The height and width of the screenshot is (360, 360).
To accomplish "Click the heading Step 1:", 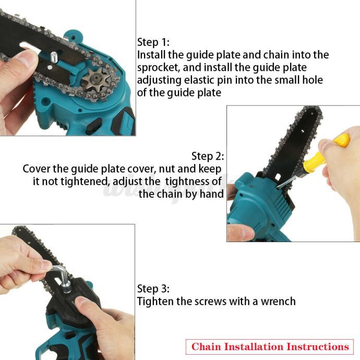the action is click(153, 42).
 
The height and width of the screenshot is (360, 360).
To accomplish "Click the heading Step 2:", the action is click(208, 156).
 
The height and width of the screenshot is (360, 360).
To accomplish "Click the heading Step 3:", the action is click(153, 289).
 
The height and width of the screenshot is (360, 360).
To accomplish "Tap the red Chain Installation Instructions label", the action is click(270, 346).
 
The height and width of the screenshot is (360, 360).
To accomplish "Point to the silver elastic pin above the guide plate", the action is click(54, 56).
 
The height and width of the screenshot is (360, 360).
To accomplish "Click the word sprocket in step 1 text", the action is click(158, 68).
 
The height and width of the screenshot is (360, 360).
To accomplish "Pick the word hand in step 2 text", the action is click(212, 194).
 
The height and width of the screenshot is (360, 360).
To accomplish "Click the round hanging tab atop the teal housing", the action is click(73, 37).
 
